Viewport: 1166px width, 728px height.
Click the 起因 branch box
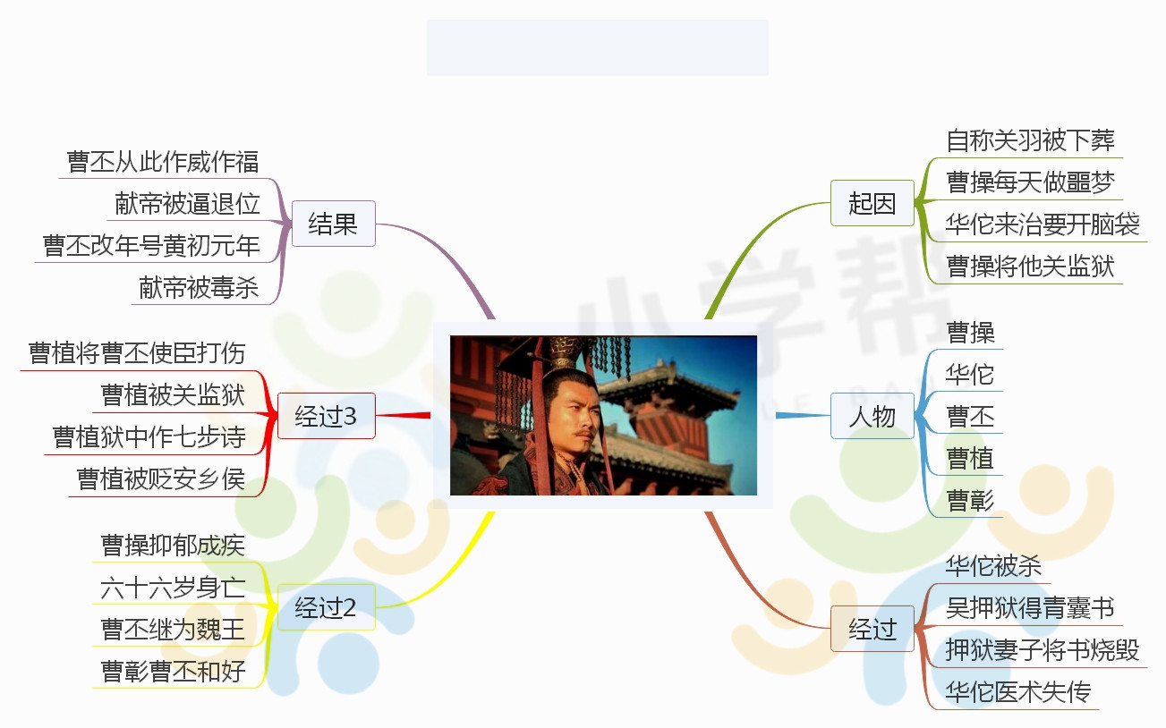pyautogui.click(x=872, y=203)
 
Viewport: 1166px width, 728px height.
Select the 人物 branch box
pyautogui.click(x=872, y=416)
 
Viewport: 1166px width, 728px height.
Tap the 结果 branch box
pyautogui.click(x=333, y=224)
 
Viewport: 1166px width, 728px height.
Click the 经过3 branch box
pyautogui.click(x=326, y=416)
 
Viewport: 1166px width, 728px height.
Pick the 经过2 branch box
pyautogui.click(x=326, y=607)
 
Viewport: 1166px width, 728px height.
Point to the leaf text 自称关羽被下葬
pyautogui.click(x=1030, y=140)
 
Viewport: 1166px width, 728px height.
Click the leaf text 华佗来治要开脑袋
pyautogui.click(x=1043, y=224)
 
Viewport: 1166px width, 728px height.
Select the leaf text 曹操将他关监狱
pyautogui.click(x=1030, y=267)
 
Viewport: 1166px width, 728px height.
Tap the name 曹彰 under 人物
pyautogui.click(x=970, y=500)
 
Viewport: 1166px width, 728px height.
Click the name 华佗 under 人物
pyautogui.click(x=970, y=374)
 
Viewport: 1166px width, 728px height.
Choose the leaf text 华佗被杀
pyautogui.click(x=993, y=565)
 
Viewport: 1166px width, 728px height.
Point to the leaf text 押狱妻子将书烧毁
pyautogui.click(x=1043, y=649)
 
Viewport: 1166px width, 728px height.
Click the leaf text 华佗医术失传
pyautogui.click(x=1018, y=691)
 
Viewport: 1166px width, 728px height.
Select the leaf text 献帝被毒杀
pyautogui.click(x=199, y=287)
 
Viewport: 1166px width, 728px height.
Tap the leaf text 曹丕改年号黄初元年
pyautogui.click(x=151, y=245)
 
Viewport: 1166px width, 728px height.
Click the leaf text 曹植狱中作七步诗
pyautogui.click(x=149, y=436)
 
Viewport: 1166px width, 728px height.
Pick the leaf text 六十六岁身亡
pyautogui.click(x=173, y=588)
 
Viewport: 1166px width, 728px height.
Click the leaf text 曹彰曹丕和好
pyautogui.click(x=173, y=671)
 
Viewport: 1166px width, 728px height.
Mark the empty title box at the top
pyautogui.click(x=598, y=48)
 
